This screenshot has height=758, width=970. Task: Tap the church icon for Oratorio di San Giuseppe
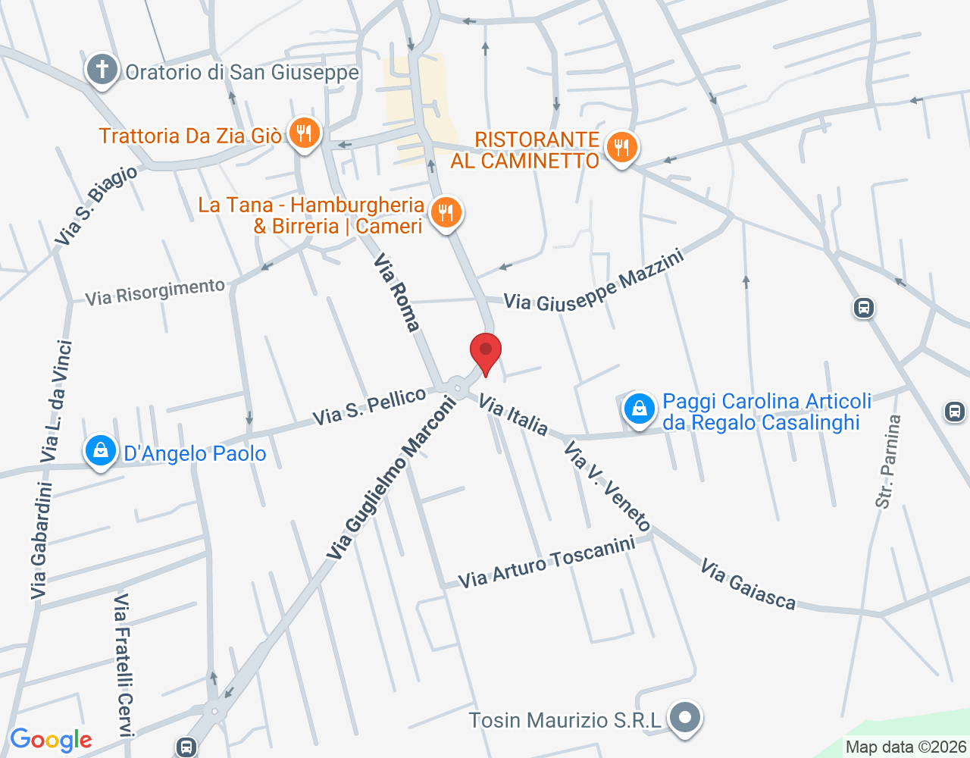(x=102, y=70)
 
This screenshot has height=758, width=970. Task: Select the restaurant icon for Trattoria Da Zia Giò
(x=304, y=134)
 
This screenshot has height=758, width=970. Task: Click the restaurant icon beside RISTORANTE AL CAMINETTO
(x=621, y=148)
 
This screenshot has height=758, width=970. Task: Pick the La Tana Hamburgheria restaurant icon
(x=446, y=213)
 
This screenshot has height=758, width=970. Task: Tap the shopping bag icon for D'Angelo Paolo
(x=100, y=451)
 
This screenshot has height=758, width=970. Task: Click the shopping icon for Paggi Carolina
(x=640, y=409)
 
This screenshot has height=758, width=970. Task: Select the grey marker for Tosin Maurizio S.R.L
(x=685, y=717)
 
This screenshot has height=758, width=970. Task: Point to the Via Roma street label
(x=396, y=293)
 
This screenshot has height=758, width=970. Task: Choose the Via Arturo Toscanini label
(x=546, y=562)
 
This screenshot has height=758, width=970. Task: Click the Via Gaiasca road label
(x=747, y=584)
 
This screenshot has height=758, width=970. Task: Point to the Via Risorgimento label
(x=155, y=291)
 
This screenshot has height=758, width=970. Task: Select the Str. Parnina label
(x=887, y=461)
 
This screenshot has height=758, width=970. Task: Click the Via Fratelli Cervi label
(x=124, y=664)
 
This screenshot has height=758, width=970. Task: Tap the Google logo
(x=51, y=740)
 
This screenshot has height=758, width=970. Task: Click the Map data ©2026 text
(x=906, y=747)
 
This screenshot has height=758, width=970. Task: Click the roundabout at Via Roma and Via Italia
(x=458, y=388)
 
